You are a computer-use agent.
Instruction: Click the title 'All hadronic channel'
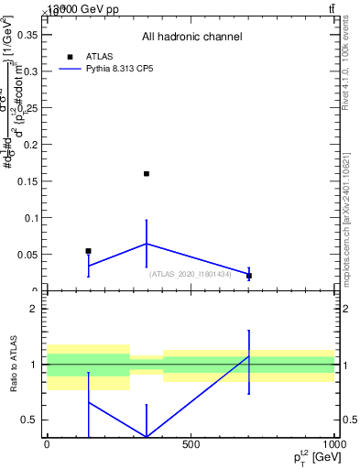[191, 38]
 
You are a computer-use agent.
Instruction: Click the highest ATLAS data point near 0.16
[147, 173]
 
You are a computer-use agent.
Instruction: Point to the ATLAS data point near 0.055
[88, 251]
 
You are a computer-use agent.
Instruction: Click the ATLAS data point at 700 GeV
[249, 276]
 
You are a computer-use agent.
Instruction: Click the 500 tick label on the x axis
[191, 444]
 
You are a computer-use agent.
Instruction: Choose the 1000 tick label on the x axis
[334, 444]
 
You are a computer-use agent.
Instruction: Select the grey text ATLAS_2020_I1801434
[191, 273]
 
